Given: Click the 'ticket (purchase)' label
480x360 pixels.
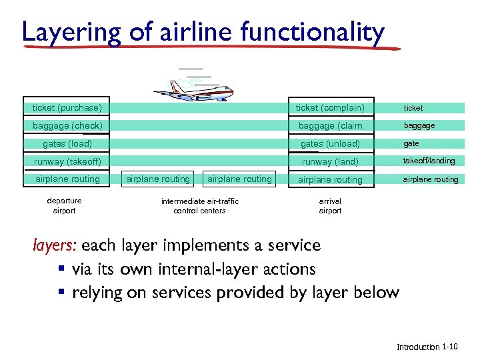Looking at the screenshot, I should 67,107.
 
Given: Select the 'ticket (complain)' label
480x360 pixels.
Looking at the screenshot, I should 330,107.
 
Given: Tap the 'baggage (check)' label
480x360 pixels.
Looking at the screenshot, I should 67,125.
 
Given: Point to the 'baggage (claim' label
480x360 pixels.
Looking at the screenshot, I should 330,125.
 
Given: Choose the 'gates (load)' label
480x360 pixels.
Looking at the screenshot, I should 67,143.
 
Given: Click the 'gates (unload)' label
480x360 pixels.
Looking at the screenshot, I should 330,143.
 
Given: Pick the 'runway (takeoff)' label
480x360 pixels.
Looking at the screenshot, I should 67,161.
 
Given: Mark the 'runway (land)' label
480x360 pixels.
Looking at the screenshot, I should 330,161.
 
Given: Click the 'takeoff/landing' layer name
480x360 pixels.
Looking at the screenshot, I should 429,161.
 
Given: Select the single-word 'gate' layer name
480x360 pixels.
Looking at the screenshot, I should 411,143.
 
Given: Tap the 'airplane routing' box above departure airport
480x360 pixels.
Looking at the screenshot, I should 67,179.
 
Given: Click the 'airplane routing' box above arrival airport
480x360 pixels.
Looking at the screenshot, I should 330,179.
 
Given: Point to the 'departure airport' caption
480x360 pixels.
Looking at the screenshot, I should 64,206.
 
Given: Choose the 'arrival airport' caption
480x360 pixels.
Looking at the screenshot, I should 330,206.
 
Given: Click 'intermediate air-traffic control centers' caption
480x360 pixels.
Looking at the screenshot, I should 199,206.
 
